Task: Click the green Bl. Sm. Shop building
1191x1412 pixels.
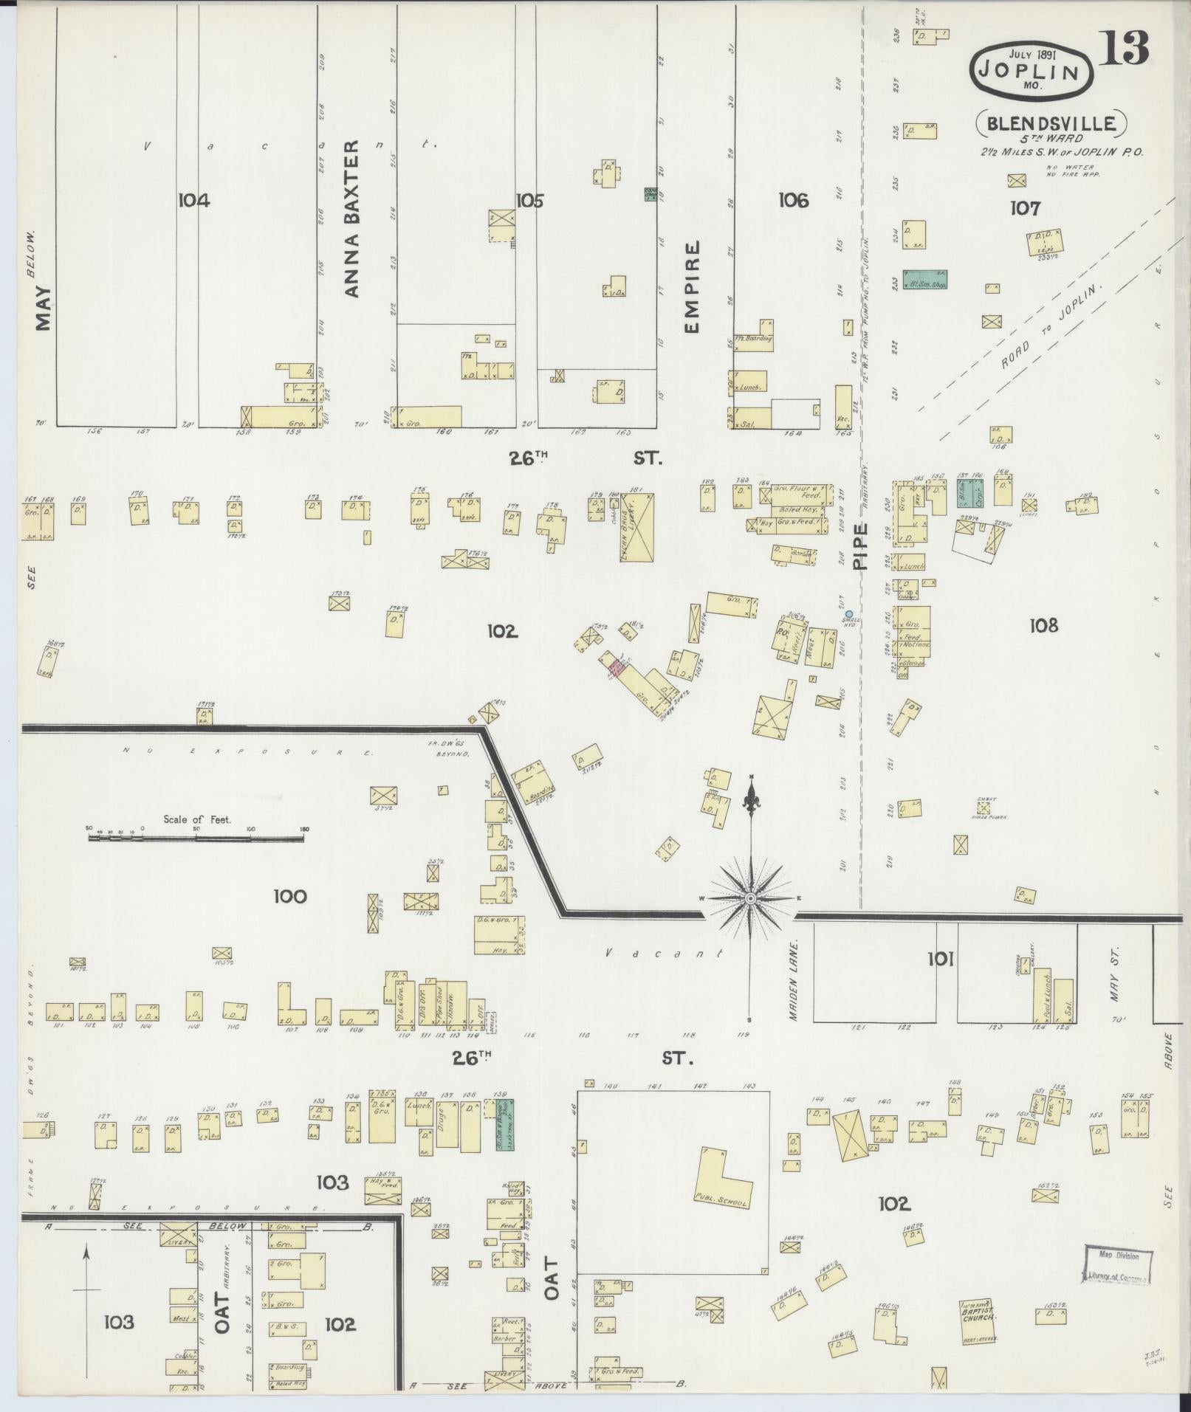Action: coord(924,279)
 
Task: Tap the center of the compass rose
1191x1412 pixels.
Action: coord(750,898)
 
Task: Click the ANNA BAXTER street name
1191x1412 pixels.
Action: coord(351,218)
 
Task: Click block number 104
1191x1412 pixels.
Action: coord(193,200)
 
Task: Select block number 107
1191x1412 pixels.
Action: coord(1025,209)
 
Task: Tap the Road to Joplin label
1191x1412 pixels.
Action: coord(1049,326)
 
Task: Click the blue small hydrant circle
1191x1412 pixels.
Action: coord(849,613)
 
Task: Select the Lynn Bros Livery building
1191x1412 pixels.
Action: coord(638,528)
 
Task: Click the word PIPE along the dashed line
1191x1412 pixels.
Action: coord(859,545)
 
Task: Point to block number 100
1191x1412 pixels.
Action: coord(289,896)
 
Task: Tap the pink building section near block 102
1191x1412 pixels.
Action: coord(617,668)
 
